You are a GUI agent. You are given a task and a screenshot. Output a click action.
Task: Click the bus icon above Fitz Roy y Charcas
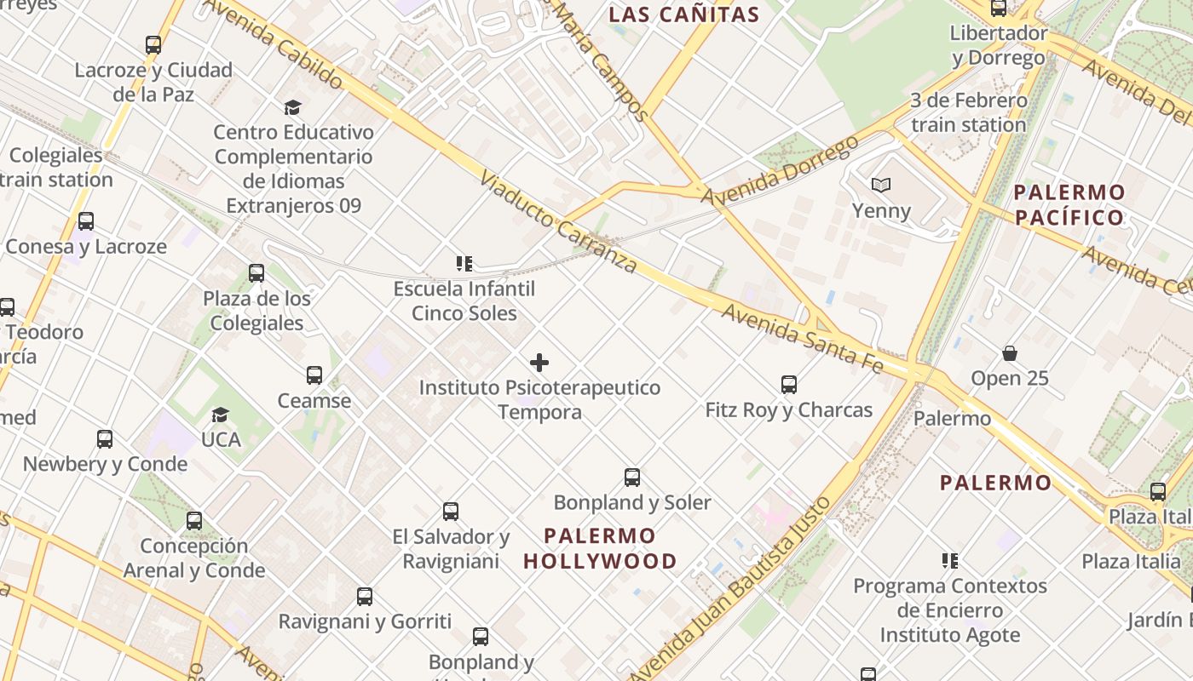[789, 385]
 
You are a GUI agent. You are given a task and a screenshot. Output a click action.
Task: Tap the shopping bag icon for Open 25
[1010, 353]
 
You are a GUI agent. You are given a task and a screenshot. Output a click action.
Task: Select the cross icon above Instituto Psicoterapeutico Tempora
[539, 363]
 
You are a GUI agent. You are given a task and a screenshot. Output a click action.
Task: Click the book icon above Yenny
[881, 185]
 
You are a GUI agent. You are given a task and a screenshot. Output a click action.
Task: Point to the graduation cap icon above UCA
[221, 415]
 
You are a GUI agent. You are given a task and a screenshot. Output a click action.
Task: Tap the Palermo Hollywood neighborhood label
[600, 548]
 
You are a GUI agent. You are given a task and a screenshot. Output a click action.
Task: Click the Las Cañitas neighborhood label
[684, 14]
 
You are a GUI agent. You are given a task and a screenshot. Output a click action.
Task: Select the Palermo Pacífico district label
[1070, 204]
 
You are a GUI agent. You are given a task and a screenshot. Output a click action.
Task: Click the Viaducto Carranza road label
[558, 221]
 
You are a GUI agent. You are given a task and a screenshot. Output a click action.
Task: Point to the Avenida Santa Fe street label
[802, 337]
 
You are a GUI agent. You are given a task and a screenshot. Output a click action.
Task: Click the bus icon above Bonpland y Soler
[632, 478]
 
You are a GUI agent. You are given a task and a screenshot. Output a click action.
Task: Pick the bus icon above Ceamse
[314, 375]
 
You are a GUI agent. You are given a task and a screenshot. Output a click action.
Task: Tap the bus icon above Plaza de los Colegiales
[256, 273]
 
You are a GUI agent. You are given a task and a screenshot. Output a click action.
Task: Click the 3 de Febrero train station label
[968, 112]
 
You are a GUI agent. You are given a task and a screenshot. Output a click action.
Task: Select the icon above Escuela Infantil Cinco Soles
[464, 264]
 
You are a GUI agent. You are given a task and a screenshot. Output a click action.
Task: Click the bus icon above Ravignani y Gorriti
[365, 597]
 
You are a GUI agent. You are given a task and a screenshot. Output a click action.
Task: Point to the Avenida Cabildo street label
[273, 44]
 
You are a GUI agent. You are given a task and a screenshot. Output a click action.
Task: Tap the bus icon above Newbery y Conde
[105, 439]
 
